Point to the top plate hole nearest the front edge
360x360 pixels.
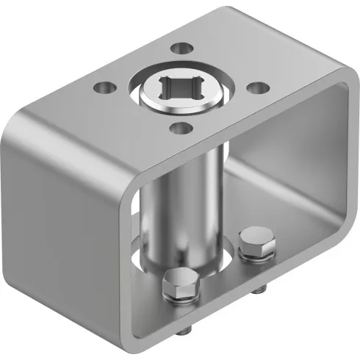click(177, 129)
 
